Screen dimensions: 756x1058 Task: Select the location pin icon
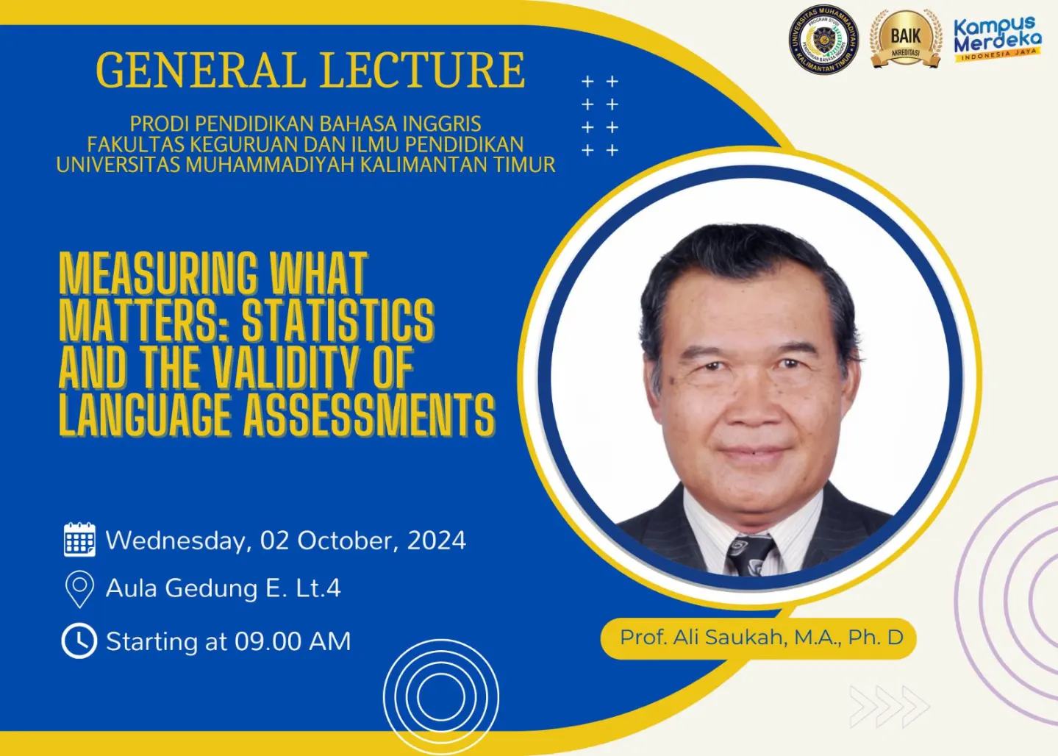[79, 589]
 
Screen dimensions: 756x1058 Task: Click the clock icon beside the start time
[79, 641]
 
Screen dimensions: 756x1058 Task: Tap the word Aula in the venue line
[132, 588]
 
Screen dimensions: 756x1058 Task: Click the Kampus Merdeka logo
[997, 39]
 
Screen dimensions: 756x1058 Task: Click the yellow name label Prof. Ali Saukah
[760, 637]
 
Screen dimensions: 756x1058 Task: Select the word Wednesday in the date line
[174, 540]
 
